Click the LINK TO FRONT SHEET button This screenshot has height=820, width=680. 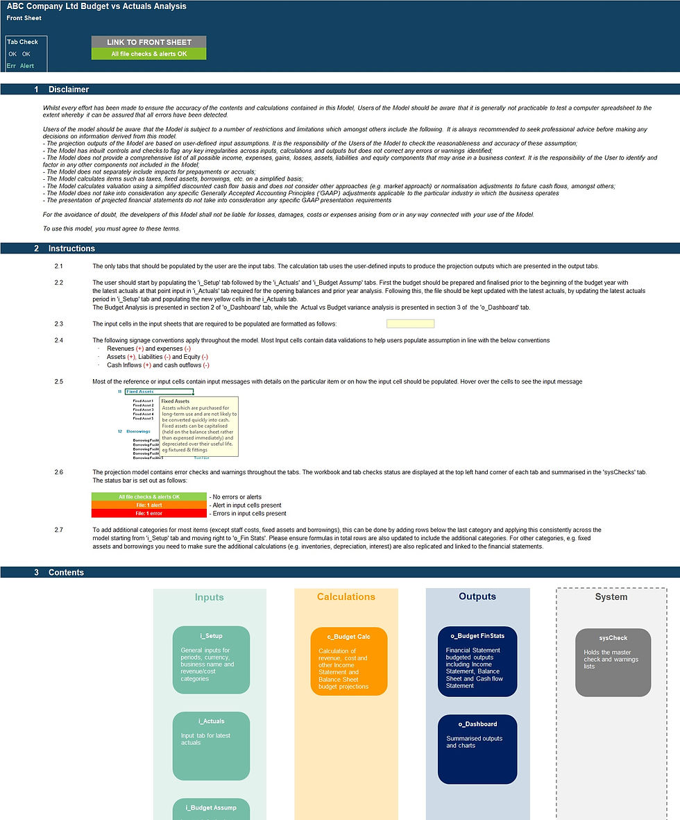click(148, 42)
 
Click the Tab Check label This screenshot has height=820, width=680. click(22, 42)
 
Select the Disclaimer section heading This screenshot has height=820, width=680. click(68, 90)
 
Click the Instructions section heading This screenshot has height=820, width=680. click(71, 249)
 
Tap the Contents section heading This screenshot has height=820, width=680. click(66, 573)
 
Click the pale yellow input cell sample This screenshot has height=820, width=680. click(410, 324)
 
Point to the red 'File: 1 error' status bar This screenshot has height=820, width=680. click(148, 514)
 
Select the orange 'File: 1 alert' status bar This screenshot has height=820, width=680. click(148, 505)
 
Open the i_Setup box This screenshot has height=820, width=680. click(211, 660)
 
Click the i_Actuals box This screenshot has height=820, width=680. click(211, 746)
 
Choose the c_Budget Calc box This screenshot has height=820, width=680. click(348, 661)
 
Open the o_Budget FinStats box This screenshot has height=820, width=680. click(477, 661)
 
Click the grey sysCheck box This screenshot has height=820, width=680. click(613, 662)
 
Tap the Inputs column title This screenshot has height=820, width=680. click(210, 597)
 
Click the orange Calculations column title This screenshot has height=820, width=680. click(346, 597)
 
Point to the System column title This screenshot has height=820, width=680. click(611, 597)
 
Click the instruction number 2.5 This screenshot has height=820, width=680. click(59, 382)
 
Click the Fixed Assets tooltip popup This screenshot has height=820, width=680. click(199, 426)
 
